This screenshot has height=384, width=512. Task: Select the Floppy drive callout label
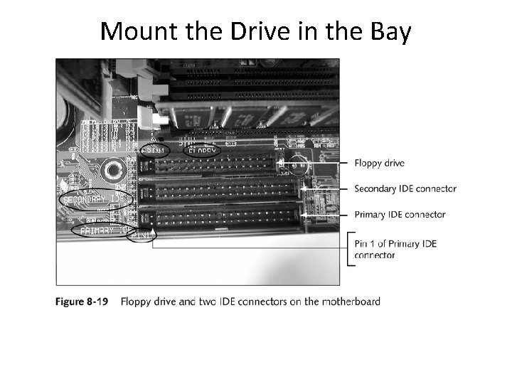(380, 163)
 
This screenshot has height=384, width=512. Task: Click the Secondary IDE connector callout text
(405, 188)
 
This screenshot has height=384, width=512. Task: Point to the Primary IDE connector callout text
(400, 214)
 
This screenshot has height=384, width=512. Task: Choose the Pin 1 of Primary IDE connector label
(395, 249)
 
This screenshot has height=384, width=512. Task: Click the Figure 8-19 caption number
(82, 302)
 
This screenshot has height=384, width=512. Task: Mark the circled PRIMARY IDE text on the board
(102, 230)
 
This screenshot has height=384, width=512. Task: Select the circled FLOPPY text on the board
(203, 151)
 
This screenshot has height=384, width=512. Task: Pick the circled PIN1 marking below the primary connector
(142, 234)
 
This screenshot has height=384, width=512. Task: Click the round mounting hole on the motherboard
(112, 170)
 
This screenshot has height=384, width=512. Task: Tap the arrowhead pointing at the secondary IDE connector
(304, 189)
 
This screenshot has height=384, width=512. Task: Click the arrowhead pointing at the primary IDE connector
(304, 214)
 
